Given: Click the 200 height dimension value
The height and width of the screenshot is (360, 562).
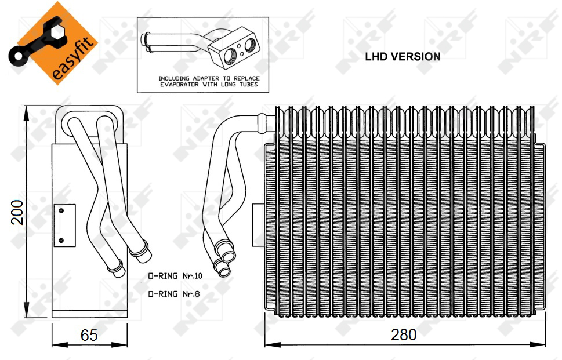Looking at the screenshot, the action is point(17,212).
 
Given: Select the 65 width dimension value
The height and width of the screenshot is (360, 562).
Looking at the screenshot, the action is point(89,335).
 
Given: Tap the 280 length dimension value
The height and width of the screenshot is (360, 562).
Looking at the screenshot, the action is point(404,335).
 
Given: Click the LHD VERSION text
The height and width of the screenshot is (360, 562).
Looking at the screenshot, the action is point(403,57).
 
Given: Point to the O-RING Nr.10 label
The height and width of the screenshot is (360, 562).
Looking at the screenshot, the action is point(175,276).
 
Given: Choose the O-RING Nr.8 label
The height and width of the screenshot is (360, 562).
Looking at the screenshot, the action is point(174,294).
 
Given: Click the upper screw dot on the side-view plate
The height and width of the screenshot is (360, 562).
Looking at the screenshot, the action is point(61,210).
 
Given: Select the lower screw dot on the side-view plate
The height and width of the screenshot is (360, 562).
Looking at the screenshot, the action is point(61,241).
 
